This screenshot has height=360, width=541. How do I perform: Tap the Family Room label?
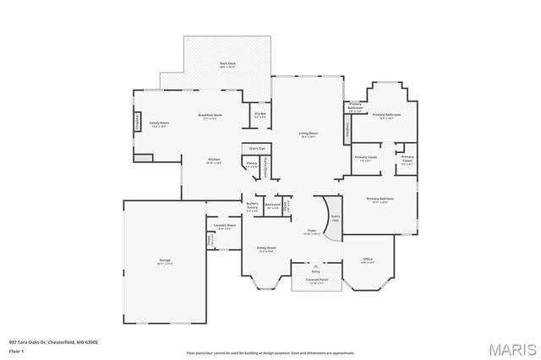click(x=160, y=123)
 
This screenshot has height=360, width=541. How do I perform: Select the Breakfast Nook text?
click(x=210, y=117)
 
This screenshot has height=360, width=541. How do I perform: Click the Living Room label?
click(x=307, y=134)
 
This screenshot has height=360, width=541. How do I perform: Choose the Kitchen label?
click(x=215, y=161)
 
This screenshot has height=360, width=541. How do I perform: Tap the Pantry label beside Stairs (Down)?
click(x=252, y=165)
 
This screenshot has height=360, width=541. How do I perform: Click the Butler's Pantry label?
click(x=252, y=205)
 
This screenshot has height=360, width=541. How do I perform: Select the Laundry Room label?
click(x=224, y=226)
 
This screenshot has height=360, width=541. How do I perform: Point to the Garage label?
click(x=165, y=262)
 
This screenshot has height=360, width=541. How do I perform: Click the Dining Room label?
click(x=267, y=248)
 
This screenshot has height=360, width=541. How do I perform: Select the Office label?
click(x=368, y=260)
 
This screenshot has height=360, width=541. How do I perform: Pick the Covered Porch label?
click(x=318, y=281)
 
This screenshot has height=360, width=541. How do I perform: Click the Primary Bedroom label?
click(x=377, y=200)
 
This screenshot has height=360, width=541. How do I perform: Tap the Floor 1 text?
click(x=17, y=349)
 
